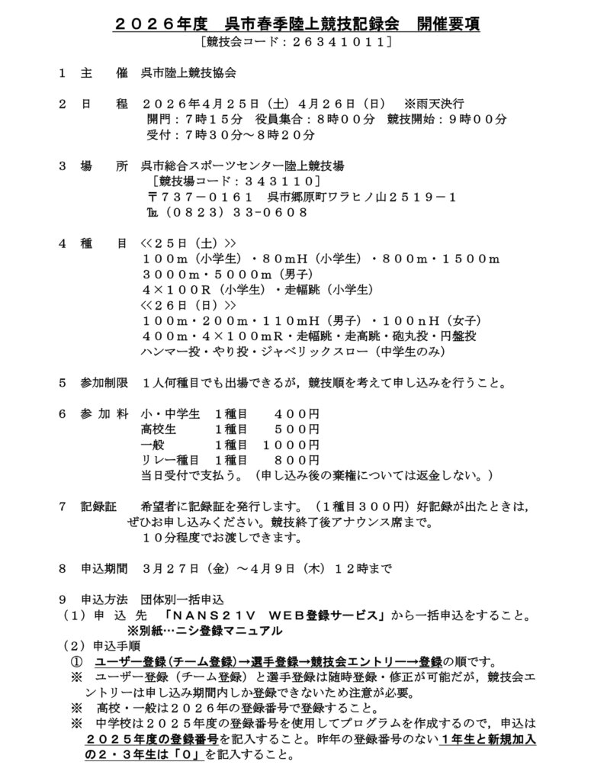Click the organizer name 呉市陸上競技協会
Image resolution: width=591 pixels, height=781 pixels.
(188, 74)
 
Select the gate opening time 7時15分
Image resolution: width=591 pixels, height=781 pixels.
(213, 119)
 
